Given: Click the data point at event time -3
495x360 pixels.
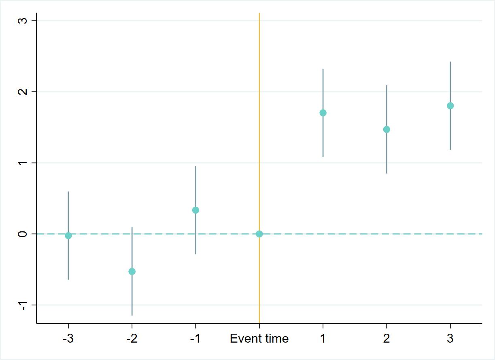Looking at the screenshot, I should coord(68,236).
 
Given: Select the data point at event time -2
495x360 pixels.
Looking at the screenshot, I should coord(132,271).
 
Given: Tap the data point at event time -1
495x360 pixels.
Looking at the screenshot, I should coord(195,210).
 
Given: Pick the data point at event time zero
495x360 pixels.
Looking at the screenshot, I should coord(259,234).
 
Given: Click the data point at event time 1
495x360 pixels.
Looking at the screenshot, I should coord(323,113).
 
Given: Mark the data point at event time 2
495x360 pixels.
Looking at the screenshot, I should coord(387,129).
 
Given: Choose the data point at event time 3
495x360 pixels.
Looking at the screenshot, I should coord(450,106).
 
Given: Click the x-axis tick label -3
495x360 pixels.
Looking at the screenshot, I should coord(68,339).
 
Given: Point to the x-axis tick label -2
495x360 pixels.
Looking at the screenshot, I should coord(132,339).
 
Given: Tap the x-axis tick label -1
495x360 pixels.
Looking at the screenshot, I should coord(195,339).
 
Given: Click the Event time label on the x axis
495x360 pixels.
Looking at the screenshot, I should coord(259,339).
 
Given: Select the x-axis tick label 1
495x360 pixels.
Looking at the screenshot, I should coord(323,339).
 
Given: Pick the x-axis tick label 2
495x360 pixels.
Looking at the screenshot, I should coord(387,339).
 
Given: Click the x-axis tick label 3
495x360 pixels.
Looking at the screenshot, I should coord(450,339).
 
